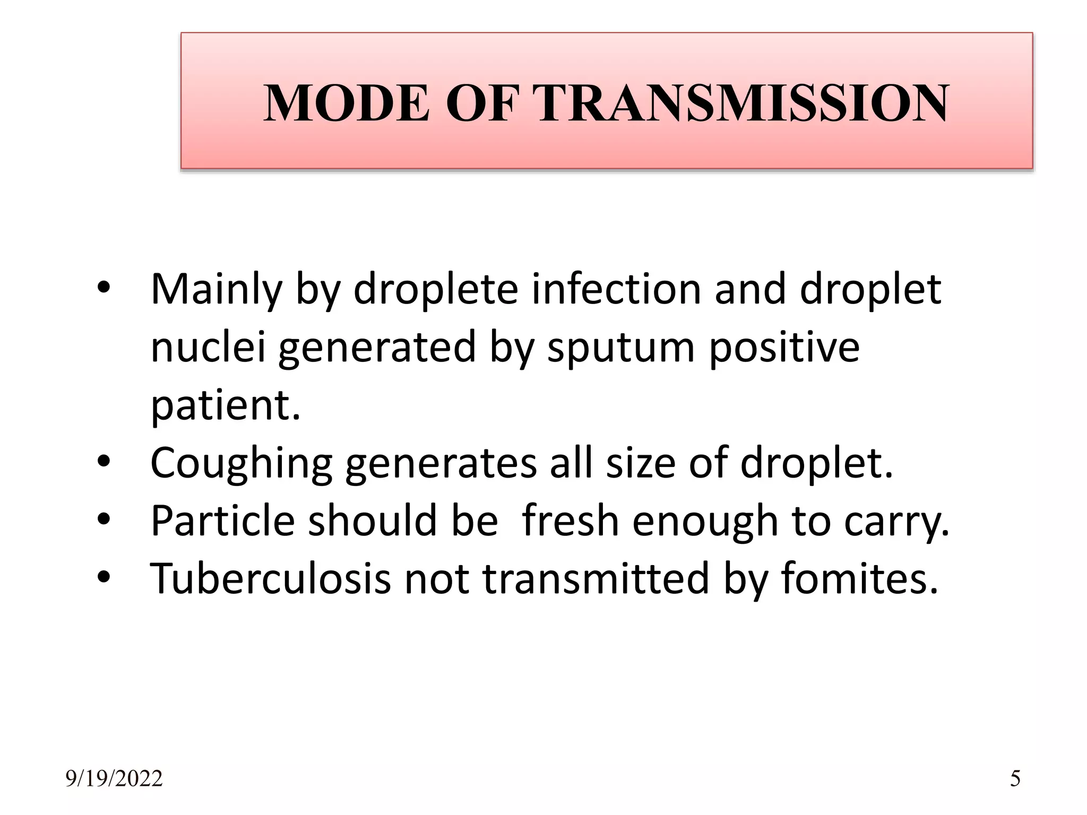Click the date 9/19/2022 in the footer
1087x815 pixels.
point(114,779)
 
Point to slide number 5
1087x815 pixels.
point(1015,779)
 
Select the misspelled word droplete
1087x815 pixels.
point(435,290)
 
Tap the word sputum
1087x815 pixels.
point(620,348)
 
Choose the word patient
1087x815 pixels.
point(226,405)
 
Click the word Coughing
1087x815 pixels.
point(241,463)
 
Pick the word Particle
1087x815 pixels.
point(222,521)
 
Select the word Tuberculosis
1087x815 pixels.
point(271,578)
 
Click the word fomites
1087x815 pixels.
point(859,578)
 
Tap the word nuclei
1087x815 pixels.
point(208,348)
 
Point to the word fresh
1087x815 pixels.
point(571,521)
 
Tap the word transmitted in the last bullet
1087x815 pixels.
point(596,578)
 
